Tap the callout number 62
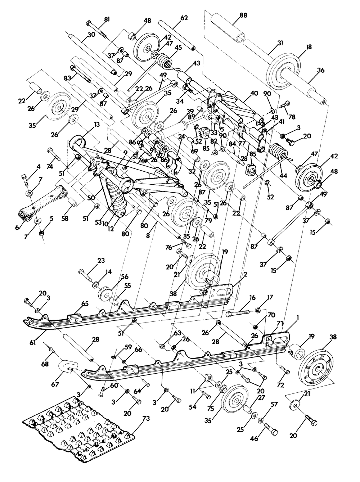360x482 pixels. [184, 17]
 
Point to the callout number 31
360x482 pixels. [280, 43]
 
